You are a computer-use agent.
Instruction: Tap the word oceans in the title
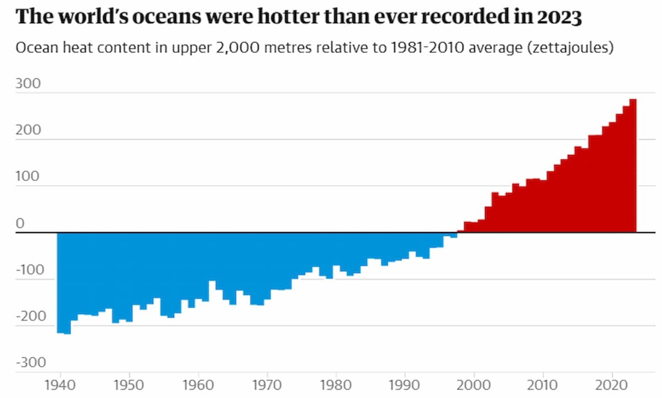(167, 17)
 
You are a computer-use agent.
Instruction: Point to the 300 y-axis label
(28, 83)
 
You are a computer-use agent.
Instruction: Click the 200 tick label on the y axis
(28, 130)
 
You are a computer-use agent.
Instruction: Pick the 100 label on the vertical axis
(27, 176)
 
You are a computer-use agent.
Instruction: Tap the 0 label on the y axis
(20, 223)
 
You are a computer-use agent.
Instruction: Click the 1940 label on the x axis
(60, 385)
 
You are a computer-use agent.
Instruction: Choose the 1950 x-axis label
(129, 385)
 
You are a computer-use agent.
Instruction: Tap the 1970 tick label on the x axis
(267, 385)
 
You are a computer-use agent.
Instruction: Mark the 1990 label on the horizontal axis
(404, 385)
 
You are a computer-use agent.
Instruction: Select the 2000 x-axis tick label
(474, 385)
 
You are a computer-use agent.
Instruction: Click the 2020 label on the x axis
(611, 385)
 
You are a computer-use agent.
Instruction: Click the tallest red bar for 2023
(633, 166)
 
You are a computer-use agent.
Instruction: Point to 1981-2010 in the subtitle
(427, 48)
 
